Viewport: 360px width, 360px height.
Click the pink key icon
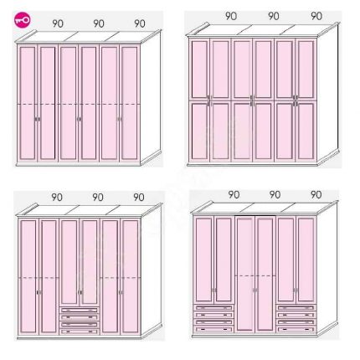coord(23,20)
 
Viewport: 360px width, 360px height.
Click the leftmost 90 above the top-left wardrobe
coord(58,23)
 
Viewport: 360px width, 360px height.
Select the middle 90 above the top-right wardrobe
coord(274,16)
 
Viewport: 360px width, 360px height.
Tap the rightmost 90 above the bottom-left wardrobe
coord(139,198)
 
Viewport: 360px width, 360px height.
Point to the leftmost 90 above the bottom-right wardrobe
coord(234,194)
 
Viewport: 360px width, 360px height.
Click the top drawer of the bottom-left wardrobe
coord(80,310)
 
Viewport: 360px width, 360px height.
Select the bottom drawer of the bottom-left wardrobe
coord(80,332)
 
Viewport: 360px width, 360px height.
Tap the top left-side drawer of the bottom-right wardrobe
coord(213,307)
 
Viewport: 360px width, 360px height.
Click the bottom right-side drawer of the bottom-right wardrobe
coord(296,329)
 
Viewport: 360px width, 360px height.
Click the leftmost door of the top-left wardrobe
coord(28,103)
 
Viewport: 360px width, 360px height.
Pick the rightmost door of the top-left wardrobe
coord(130,103)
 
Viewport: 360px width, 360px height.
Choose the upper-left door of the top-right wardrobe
coord(199,69)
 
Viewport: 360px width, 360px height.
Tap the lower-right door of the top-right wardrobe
coord(306,131)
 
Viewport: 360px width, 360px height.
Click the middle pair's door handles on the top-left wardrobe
coord(80,119)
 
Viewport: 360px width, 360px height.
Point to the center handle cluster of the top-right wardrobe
coord(253,100)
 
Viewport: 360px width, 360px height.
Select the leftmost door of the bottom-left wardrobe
coord(28,276)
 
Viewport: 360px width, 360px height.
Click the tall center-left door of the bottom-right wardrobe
coord(245,274)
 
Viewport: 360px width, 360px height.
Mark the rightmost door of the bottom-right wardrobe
coord(306,260)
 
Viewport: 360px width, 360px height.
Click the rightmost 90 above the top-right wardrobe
coord(316,16)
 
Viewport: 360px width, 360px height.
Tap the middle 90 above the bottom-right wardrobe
coord(275,194)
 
